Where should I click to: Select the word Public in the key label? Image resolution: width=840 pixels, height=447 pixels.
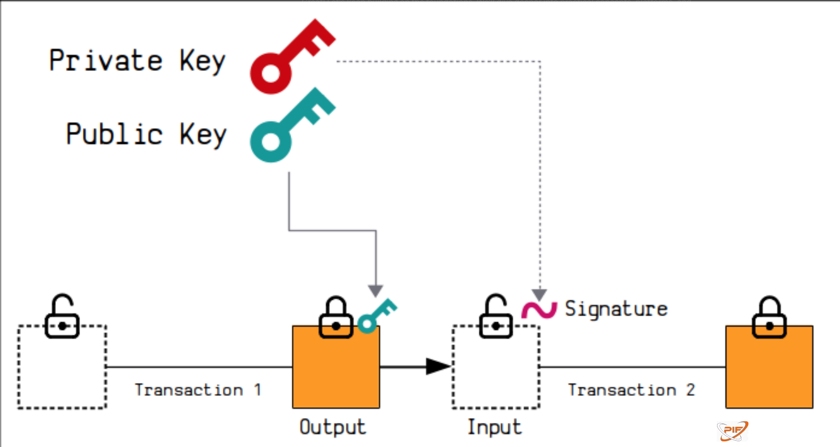tap(114, 134)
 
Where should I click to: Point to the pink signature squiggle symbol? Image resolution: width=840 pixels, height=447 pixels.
tap(539, 309)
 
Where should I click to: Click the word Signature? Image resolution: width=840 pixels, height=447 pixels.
tap(616, 309)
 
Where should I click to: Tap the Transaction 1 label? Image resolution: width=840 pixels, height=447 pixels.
tap(198, 390)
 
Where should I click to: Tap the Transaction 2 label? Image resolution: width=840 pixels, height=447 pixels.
tap(631, 390)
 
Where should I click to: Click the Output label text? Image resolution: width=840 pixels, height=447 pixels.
tap(333, 427)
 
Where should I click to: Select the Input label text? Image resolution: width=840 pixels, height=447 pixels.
tap(495, 427)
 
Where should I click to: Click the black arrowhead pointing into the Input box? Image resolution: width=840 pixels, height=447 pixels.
tap(438, 366)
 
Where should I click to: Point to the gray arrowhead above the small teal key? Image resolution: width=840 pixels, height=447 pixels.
tap(376, 291)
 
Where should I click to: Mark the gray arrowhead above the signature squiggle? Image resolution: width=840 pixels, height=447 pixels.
tap(539, 294)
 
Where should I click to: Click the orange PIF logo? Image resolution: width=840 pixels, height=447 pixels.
tap(732, 431)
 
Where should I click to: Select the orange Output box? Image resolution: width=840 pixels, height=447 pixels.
tap(336, 372)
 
